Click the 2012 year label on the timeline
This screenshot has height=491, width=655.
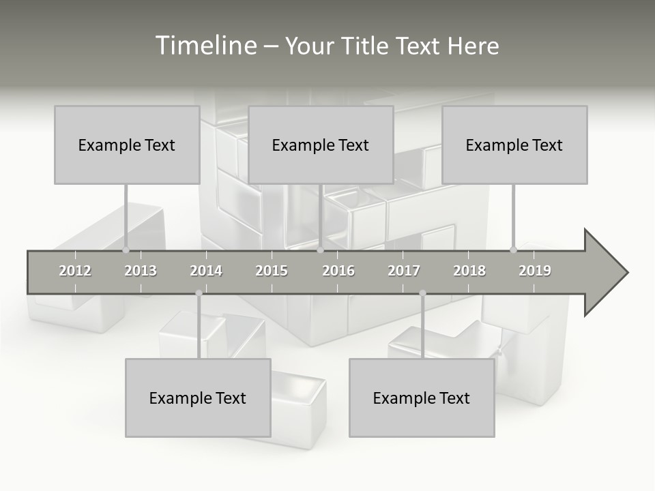tap(75, 271)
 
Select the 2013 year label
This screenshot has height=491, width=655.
tap(141, 271)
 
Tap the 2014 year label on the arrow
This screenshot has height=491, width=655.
tap(206, 271)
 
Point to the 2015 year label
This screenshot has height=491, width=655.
tap(272, 271)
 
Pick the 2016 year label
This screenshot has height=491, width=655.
tap(338, 271)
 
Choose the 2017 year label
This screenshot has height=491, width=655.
tap(404, 271)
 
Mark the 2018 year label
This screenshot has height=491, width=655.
tap(469, 271)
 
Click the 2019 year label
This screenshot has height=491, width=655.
tap(535, 271)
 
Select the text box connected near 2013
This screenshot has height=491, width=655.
tap(127, 145)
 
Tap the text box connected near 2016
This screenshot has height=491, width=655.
tap(321, 145)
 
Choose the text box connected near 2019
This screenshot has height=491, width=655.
tap(514, 145)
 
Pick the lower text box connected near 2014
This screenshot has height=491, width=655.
tap(198, 398)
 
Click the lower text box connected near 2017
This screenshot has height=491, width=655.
tap(422, 398)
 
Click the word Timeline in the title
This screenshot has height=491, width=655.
tap(205, 46)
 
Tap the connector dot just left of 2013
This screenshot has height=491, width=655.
tap(126, 250)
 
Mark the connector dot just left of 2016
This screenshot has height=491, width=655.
tap(321, 250)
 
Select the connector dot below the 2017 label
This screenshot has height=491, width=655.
tap(422, 293)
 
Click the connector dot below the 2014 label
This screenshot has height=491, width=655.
tap(199, 293)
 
